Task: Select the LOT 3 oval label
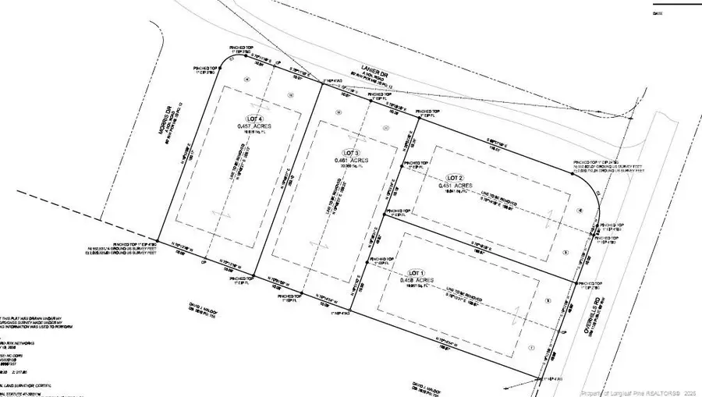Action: [x=351, y=152]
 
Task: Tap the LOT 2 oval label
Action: [x=455, y=178]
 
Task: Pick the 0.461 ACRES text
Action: [x=351, y=161]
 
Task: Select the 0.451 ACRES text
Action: [x=455, y=186]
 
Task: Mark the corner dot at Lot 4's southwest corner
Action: [x=158, y=241]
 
